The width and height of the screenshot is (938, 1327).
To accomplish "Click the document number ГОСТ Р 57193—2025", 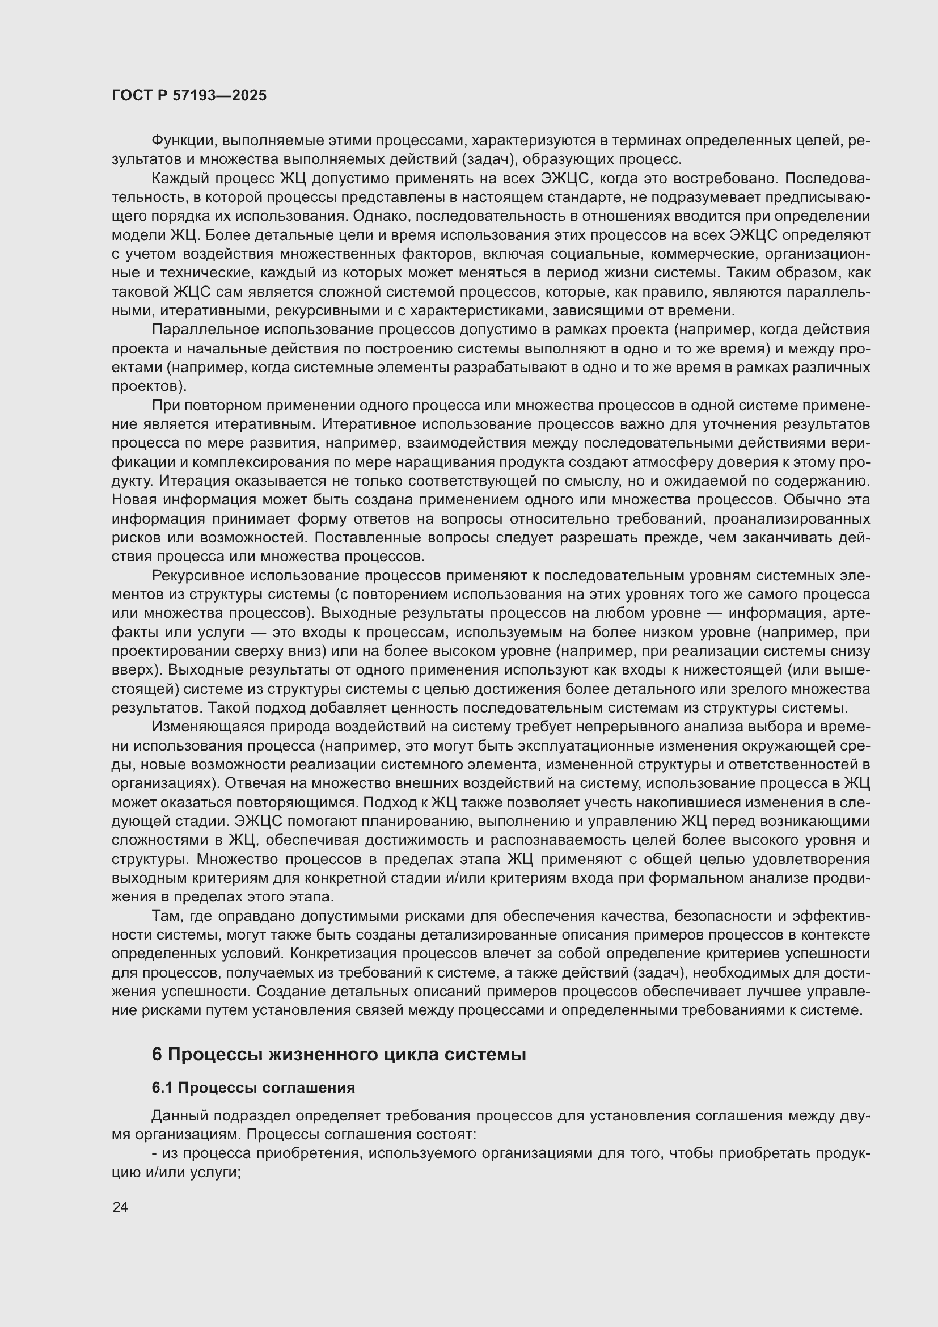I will [189, 96].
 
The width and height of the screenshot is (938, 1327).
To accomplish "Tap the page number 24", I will [120, 1207].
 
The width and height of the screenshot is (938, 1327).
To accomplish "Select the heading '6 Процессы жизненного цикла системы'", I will [339, 1055].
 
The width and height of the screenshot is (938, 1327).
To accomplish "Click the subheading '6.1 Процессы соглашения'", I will [253, 1088].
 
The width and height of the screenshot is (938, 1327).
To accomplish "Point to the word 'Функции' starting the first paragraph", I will [184, 141].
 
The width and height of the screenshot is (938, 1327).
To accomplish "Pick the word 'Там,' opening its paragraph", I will [167, 916].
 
